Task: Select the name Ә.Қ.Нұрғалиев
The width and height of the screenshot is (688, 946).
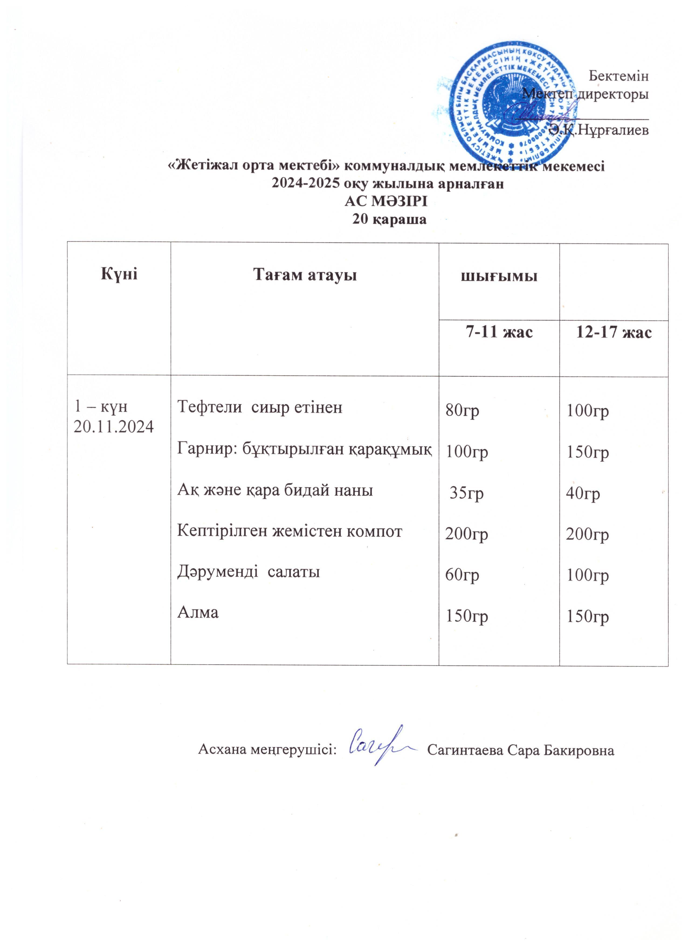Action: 599,130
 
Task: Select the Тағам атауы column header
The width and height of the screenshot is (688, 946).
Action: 305,275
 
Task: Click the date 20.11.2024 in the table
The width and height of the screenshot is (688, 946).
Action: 113,426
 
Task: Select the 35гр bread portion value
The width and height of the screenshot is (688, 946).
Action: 466,493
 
